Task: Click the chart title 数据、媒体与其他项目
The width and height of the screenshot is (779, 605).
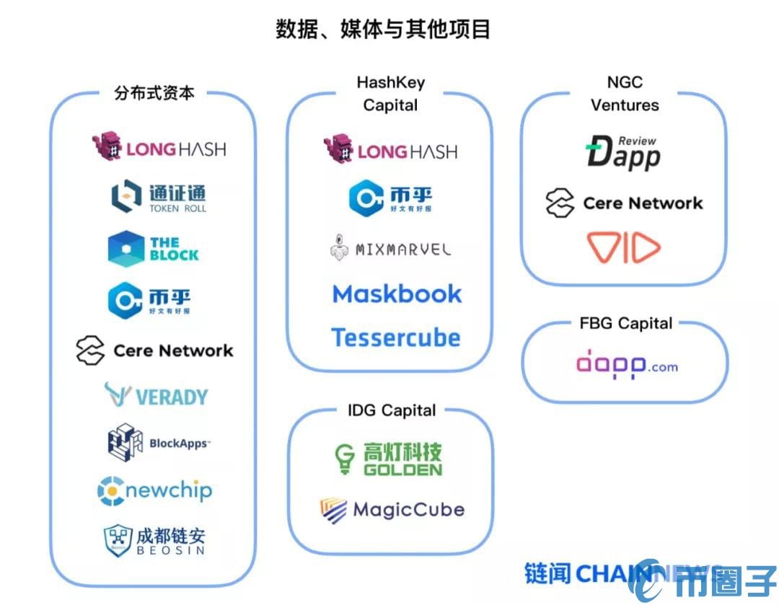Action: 383,30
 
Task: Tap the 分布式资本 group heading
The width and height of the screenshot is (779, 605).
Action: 154,93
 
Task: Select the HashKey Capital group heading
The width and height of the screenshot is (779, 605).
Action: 390,94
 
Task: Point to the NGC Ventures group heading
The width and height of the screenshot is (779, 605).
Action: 625,94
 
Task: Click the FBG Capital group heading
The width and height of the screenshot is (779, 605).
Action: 625,323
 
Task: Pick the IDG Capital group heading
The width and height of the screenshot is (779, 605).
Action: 390,410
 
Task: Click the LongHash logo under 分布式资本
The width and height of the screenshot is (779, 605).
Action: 159,147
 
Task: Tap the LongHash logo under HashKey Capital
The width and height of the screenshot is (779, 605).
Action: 390,149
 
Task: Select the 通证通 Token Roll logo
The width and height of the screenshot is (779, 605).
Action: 159,197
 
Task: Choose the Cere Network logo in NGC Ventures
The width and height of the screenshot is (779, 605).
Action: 624,203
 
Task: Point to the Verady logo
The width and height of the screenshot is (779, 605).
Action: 156,395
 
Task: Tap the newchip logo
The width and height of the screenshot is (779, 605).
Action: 154,491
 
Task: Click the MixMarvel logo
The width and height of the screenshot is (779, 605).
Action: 390,249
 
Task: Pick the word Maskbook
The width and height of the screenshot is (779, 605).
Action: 397,293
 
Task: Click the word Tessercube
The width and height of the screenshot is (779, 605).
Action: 395,337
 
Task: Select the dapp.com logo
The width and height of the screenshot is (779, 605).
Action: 626,366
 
